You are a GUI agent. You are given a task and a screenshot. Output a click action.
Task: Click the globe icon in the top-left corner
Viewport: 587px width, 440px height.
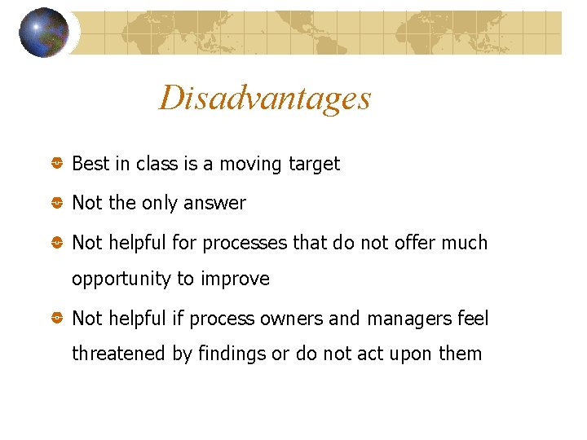coord(44,33)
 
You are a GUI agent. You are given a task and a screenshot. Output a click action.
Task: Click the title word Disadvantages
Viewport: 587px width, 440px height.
coord(265,98)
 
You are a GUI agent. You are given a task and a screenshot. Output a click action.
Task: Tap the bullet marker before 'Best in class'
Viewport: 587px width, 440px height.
coord(57,165)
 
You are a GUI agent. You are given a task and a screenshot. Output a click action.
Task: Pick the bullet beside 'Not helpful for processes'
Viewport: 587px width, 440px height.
coord(57,244)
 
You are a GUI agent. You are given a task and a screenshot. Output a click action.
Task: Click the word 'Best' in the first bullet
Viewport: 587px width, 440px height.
coord(90,164)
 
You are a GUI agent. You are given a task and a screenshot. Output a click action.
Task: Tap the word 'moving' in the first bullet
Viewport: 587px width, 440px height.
coord(249,164)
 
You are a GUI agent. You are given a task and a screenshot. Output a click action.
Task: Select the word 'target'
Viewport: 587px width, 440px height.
coord(314,164)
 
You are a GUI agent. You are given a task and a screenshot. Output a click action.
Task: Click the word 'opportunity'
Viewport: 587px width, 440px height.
coord(119,279)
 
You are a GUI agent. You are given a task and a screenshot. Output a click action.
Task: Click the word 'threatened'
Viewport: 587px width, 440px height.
coord(120,354)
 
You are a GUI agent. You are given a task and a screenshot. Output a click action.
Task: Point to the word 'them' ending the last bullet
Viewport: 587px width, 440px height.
coord(461,354)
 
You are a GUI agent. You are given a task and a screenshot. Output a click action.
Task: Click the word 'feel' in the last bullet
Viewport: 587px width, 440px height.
coord(473,319)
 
